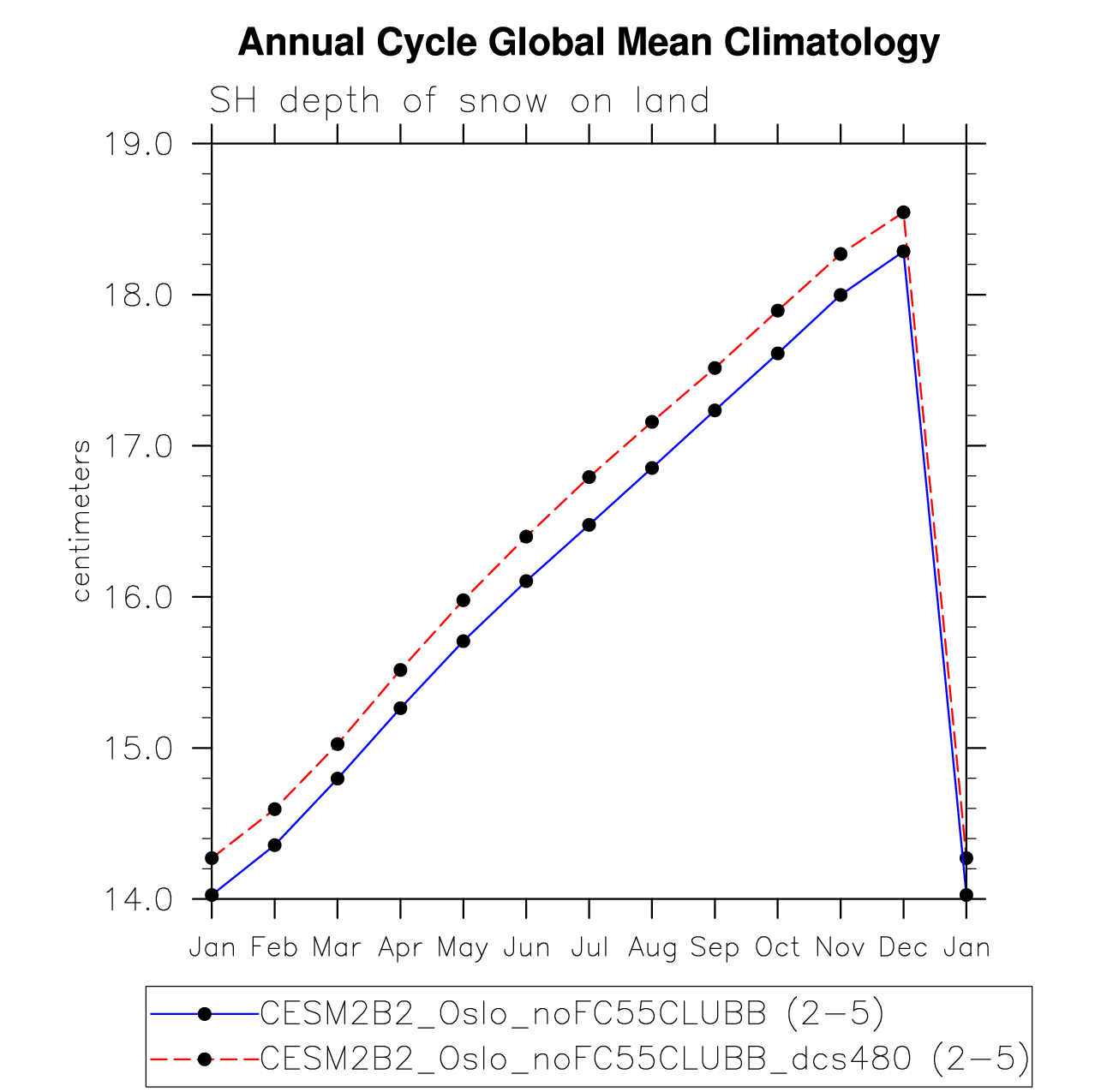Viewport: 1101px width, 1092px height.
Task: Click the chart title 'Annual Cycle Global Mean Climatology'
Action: pos(589,42)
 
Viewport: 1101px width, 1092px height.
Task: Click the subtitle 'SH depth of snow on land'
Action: pos(460,101)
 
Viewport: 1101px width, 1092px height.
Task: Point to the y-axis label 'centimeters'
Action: pos(81,521)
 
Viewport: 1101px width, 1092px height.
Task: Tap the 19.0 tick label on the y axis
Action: pos(137,144)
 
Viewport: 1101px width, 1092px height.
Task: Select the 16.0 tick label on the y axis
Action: pos(137,597)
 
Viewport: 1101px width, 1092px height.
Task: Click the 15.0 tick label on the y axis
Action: pos(137,748)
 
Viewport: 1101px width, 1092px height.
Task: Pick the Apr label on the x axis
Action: pos(400,947)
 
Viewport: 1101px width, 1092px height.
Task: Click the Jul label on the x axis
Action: pos(589,947)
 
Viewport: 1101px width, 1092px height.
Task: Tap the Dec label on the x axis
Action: pos(903,947)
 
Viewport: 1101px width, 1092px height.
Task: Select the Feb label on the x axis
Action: pos(274,947)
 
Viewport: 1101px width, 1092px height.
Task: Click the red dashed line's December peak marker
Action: pos(903,212)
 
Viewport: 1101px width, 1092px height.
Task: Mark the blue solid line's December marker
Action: pos(903,251)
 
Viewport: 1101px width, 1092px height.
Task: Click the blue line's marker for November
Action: pos(841,295)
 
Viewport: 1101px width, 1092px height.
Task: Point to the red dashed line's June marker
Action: pos(526,536)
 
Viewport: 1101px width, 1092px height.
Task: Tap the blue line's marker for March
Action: pos(338,779)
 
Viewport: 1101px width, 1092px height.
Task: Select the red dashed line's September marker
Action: pos(715,367)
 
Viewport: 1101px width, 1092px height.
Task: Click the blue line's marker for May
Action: pos(464,641)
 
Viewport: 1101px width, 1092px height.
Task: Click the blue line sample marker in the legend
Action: pos(205,1014)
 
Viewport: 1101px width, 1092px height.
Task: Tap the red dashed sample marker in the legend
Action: pos(205,1059)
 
